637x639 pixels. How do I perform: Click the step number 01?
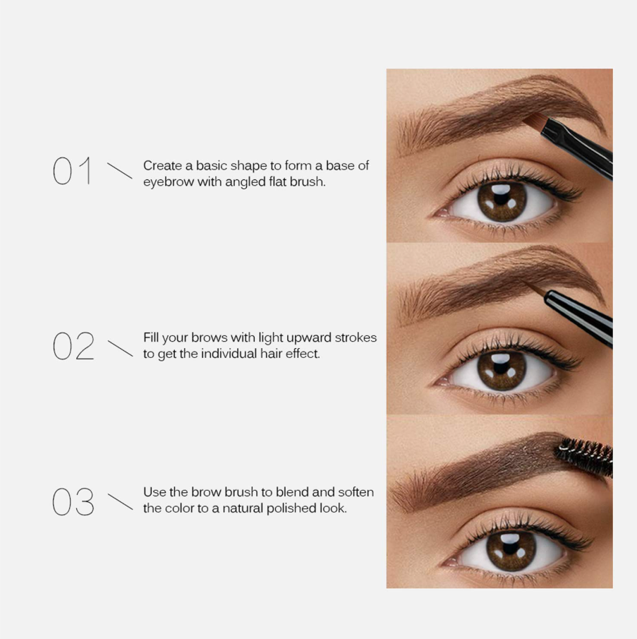click(x=73, y=171)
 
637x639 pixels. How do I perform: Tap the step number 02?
click(x=73, y=345)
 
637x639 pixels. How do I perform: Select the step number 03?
click(x=73, y=501)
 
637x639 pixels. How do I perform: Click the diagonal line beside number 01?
click(x=120, y=171)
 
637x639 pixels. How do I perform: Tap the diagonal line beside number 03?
click(x=120, y=501)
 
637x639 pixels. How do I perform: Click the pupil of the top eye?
click(x=502, y=199)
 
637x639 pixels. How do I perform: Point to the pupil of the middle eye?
click(x=501, y=369)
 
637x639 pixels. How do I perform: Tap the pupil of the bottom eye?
click(x=511, y=550)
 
